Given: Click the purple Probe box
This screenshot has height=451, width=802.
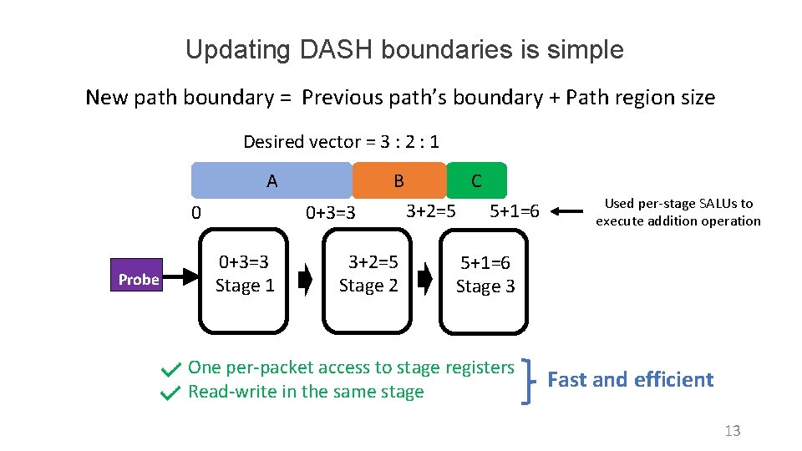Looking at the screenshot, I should (x=139, y=280).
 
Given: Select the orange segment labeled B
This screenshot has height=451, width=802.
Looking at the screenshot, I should (x=399, y=180).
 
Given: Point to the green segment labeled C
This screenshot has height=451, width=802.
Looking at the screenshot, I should (x=476, y=180).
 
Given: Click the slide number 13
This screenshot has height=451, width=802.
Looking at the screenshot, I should (x=732, y=431).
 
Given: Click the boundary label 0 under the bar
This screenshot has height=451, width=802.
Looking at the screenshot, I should (x=195, y=213).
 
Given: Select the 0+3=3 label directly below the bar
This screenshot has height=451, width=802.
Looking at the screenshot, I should (x=331, y=213).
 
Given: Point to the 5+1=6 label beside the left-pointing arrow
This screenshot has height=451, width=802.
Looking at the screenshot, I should (x=515, y=210).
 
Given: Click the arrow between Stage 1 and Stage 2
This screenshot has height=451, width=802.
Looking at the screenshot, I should (x=305, y=280).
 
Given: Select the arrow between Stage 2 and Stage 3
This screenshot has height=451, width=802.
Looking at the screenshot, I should (x=425, y=280).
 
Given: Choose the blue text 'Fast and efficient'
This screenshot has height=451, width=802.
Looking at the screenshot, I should (x=630, y=380).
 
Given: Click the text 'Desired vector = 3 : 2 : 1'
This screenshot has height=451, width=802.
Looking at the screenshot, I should (x=341, y=142).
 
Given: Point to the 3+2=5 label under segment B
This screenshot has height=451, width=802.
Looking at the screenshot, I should (x=430, y=210).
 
